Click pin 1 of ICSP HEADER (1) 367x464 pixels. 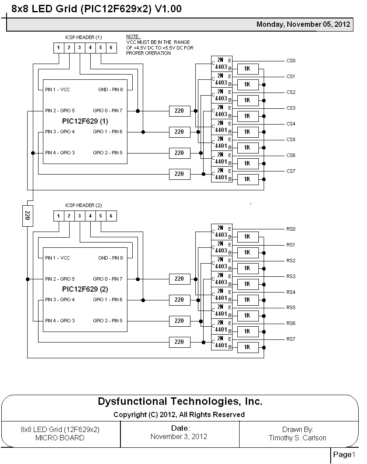pyautogui.click(x=58, y=47)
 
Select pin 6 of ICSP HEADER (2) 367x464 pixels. pyautogui.click(x=111, y=216)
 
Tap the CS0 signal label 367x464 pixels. pyautogui.click(x=291, y=61)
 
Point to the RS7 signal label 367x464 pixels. pyautogui.click(x=291, y=339)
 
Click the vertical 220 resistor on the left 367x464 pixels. pyautogui.click(x=27, y=215)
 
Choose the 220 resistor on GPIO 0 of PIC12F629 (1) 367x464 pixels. pyautogui.click(x=179, y=111)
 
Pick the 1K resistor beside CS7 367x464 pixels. pyautogui.click(x=247, y=179)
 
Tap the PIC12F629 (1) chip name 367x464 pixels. pyautogui.click(x=85, y=121)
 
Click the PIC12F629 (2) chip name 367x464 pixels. pyautogui.click(x=85, y=289)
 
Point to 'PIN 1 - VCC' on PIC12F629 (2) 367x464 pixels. pyautogui.click(x=57, y=258)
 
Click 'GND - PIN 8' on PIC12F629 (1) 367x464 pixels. pyautogui.click(x=110, y=89)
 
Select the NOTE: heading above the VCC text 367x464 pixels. pyautogui.click(x=133, y=36)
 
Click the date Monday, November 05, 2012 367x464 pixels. pyautogui.click(x=303, y=25)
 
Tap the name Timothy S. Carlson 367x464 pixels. pyautogui.click(x=297, y=438)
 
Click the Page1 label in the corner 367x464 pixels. pyautogui.click(x=342, y=454)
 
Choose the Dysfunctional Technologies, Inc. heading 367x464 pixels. pyautogui.click(x=180, y=401)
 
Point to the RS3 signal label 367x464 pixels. pyautogui.click(x=291, y=276)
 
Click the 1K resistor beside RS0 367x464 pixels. pyautogui.click(x=247, y=237)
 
